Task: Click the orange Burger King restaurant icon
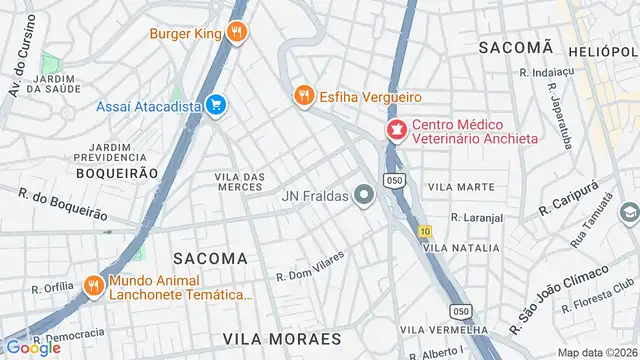click(x=236, y=32)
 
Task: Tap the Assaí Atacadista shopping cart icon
click(x=215, y=105)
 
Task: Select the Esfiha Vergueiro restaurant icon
click(x=303, y=96)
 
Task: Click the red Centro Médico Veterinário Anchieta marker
click(x=396, y=129)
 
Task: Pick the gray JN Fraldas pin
click(x=365, y=195)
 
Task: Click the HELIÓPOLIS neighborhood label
click(x=602, y=50)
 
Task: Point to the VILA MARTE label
click(x=461, y=187)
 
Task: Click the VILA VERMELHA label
click(x=446, y=329)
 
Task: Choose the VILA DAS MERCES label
click(x=240, y=182)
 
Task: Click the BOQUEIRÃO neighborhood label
click(x=117, y=173)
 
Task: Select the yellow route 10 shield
click(x=425, y=231)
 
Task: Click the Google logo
click(x=32, y=347)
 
